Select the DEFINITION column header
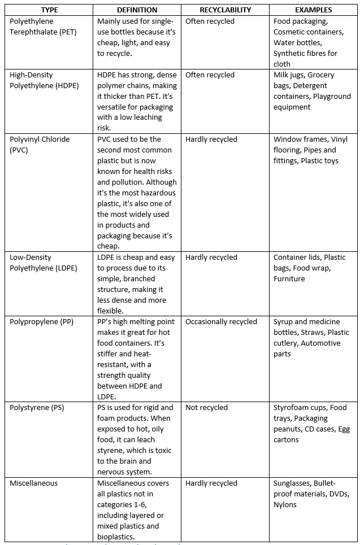coord(137,10)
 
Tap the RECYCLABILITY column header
coord(225,10)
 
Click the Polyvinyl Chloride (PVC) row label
coord(37,145)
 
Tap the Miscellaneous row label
coord(34,483)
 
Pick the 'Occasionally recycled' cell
coord(221,322)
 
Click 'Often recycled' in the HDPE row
coord(210,75)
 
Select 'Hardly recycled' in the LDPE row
coord(211,258)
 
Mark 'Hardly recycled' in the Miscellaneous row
coord(211,483)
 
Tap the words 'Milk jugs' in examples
coord(289,75)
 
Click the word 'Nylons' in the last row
coord(285,505)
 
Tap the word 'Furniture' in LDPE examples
coord(289,279)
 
